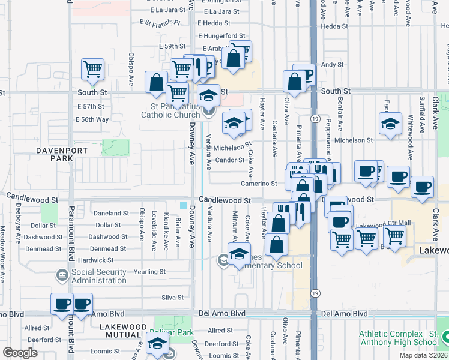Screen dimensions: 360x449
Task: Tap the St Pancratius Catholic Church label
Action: pos(171,111)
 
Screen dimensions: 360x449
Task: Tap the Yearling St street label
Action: pos(150,272)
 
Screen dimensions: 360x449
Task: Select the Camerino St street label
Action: pos(259,184)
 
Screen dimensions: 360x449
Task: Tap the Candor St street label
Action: pos(230,160)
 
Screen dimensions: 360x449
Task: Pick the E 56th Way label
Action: pos(92,119)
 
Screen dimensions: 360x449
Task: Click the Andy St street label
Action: pos(331,64)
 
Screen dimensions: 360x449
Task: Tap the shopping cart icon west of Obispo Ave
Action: pos(92,70)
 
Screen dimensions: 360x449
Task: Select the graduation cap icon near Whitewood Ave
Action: pos(390,124)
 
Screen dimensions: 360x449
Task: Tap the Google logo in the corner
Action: pos(20,353)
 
